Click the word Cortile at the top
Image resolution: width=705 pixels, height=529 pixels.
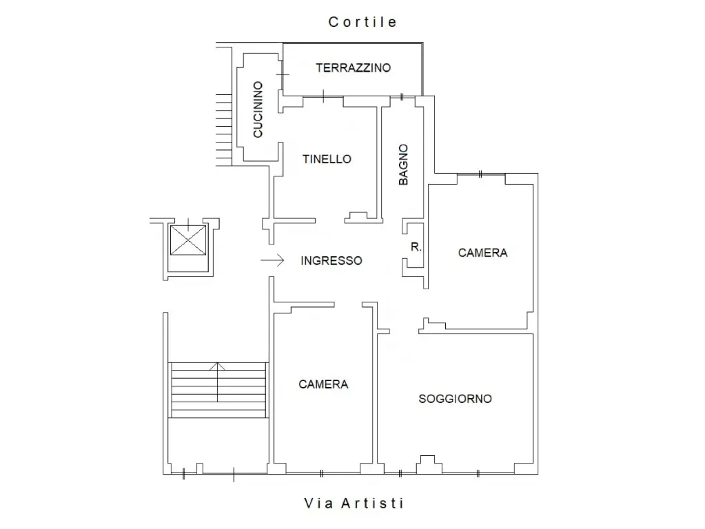(362, 22)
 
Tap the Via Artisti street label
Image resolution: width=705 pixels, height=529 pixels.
(354, 503)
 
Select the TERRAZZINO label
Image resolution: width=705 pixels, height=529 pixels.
(354, 68)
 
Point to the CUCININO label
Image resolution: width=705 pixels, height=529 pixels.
(258, 110)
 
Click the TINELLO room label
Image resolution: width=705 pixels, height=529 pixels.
(327, 159)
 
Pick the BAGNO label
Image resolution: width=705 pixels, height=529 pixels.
(403, 165)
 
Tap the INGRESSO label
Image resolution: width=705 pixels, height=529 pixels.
(331, 260)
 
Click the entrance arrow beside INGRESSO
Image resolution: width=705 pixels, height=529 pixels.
(272, 260)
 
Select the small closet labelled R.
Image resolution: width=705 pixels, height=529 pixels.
(416, 247)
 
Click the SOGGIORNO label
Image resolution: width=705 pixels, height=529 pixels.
(455, 399)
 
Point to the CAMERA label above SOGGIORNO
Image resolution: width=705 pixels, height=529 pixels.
(482, 253)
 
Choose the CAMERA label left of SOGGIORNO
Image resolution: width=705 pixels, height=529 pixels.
(323, 384)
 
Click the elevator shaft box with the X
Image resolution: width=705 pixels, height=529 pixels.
(188, 240)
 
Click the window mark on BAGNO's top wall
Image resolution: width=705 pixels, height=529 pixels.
(402, 96)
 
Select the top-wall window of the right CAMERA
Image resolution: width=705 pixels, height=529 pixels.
(480, 174)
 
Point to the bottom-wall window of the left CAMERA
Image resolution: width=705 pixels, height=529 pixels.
(322, 473)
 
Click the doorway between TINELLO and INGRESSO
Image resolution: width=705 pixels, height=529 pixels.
(330, 220)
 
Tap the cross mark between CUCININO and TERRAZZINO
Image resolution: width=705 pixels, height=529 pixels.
(283, 74)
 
